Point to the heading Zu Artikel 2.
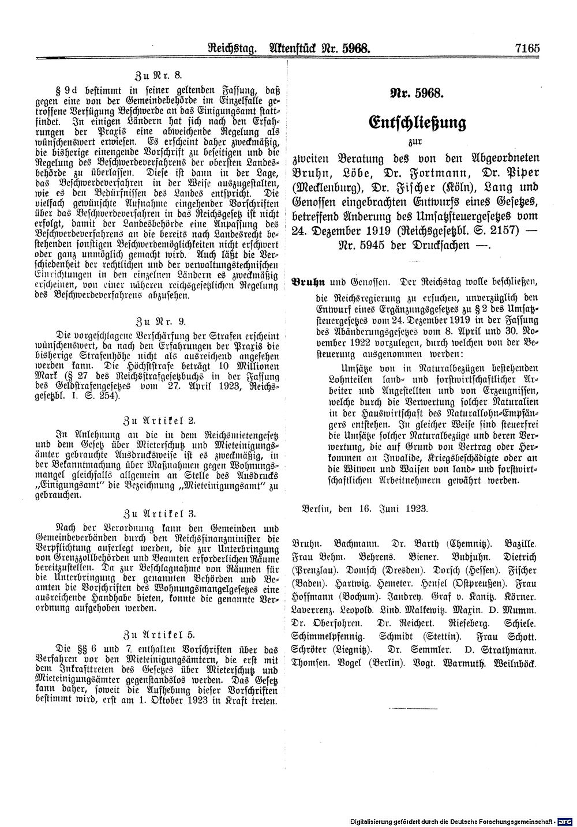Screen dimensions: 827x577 [158, 419]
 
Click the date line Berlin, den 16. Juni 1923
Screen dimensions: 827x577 [364, 508]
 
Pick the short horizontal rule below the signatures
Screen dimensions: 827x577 [415, 706]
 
